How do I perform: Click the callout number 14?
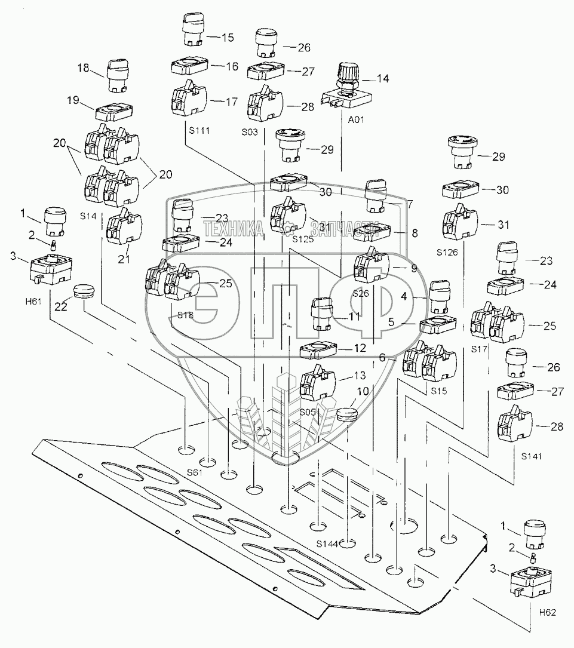(382, 78)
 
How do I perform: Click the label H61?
(33, 301)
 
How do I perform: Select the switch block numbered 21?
(123, 228)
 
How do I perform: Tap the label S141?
(532, 456)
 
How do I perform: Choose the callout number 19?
(73, 101)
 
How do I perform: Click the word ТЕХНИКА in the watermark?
(233, 228)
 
